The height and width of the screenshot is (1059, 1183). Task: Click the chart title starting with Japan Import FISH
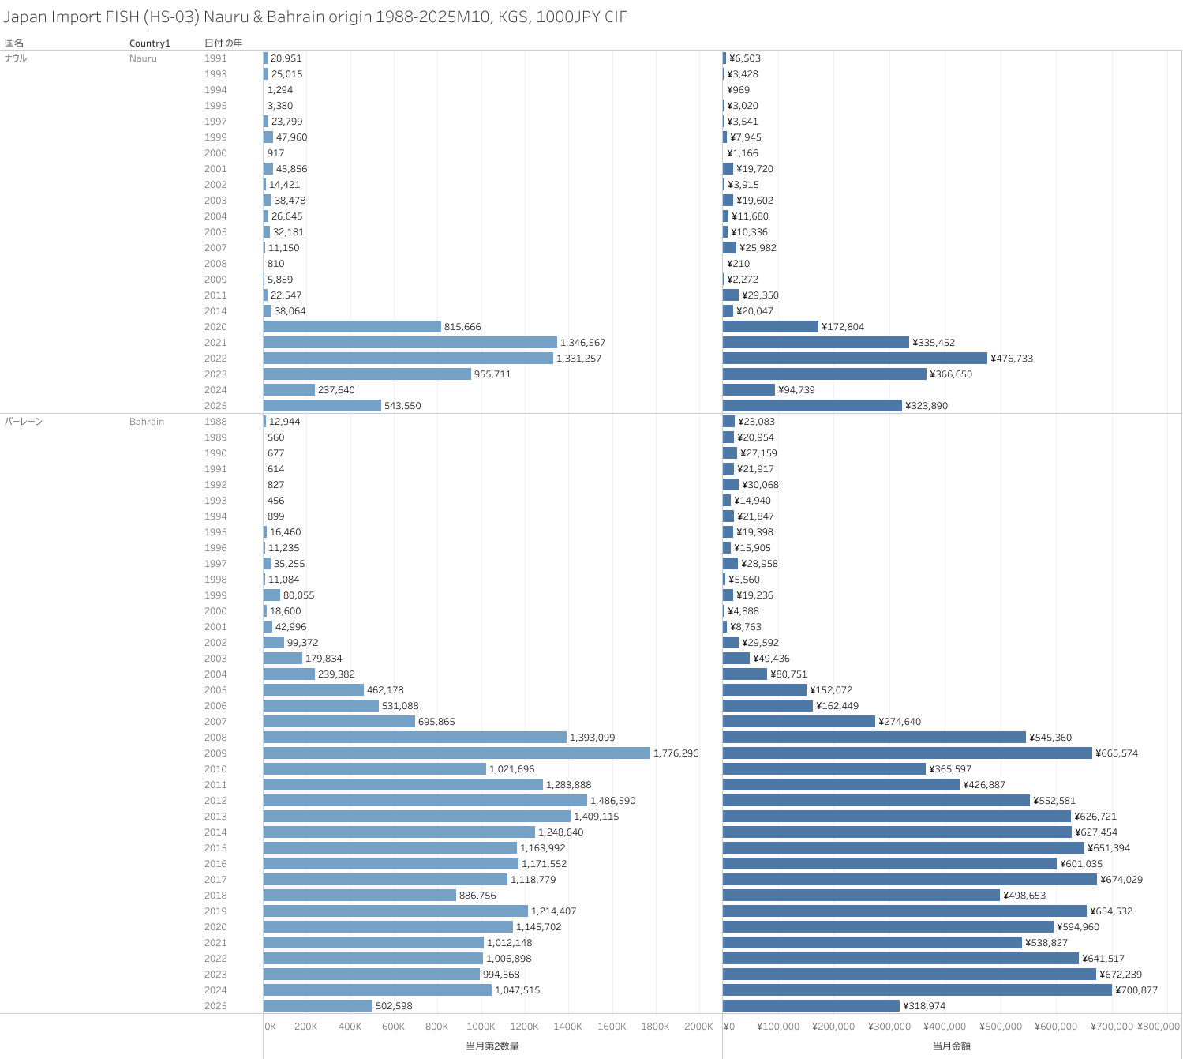(x=316, y=17)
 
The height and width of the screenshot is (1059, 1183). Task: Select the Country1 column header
(x=150, y=43)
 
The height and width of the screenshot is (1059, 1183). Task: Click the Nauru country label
(x=143, y=58)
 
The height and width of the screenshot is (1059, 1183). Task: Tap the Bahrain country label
(x=147, y=422)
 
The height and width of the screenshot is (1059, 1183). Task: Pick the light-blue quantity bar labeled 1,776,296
(x=456, y=753)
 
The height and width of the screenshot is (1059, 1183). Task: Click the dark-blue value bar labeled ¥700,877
(x=917, y=990)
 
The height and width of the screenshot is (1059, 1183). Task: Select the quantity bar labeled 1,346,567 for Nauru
(x=410, y=343)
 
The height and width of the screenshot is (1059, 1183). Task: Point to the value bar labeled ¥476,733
(x=855, y=359)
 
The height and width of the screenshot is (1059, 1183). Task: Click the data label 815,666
(x=462, y=327)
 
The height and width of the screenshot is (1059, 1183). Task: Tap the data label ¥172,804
(x=843, y=327)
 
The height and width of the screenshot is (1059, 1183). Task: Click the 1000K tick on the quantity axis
(x=481, y=1027)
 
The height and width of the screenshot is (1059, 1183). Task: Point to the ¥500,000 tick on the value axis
(x=1001, y=1027)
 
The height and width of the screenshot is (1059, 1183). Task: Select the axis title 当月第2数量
(x=492, y=1046)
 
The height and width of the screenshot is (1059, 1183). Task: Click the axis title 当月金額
(x=952, y=1046)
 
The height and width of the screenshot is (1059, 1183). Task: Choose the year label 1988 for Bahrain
(x=215, y=422)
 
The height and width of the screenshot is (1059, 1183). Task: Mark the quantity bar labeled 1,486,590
(x=425, y=801)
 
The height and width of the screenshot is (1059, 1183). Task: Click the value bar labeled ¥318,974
(x=811, y=1006)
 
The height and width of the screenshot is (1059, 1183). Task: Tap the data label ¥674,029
(x=1121, y=880)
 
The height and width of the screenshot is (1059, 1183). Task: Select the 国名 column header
(x=14, y=43)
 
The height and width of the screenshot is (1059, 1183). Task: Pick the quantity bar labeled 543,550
(x=322, y=406)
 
